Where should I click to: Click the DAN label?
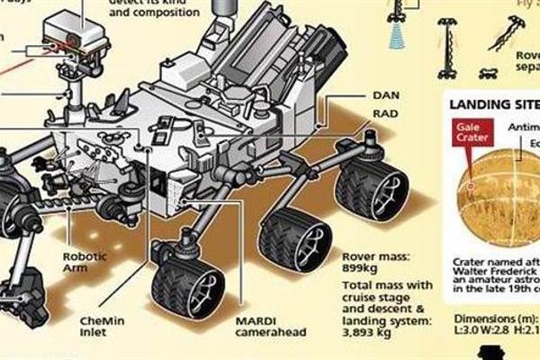coord(386,93)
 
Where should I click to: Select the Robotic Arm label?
coord(84,261)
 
